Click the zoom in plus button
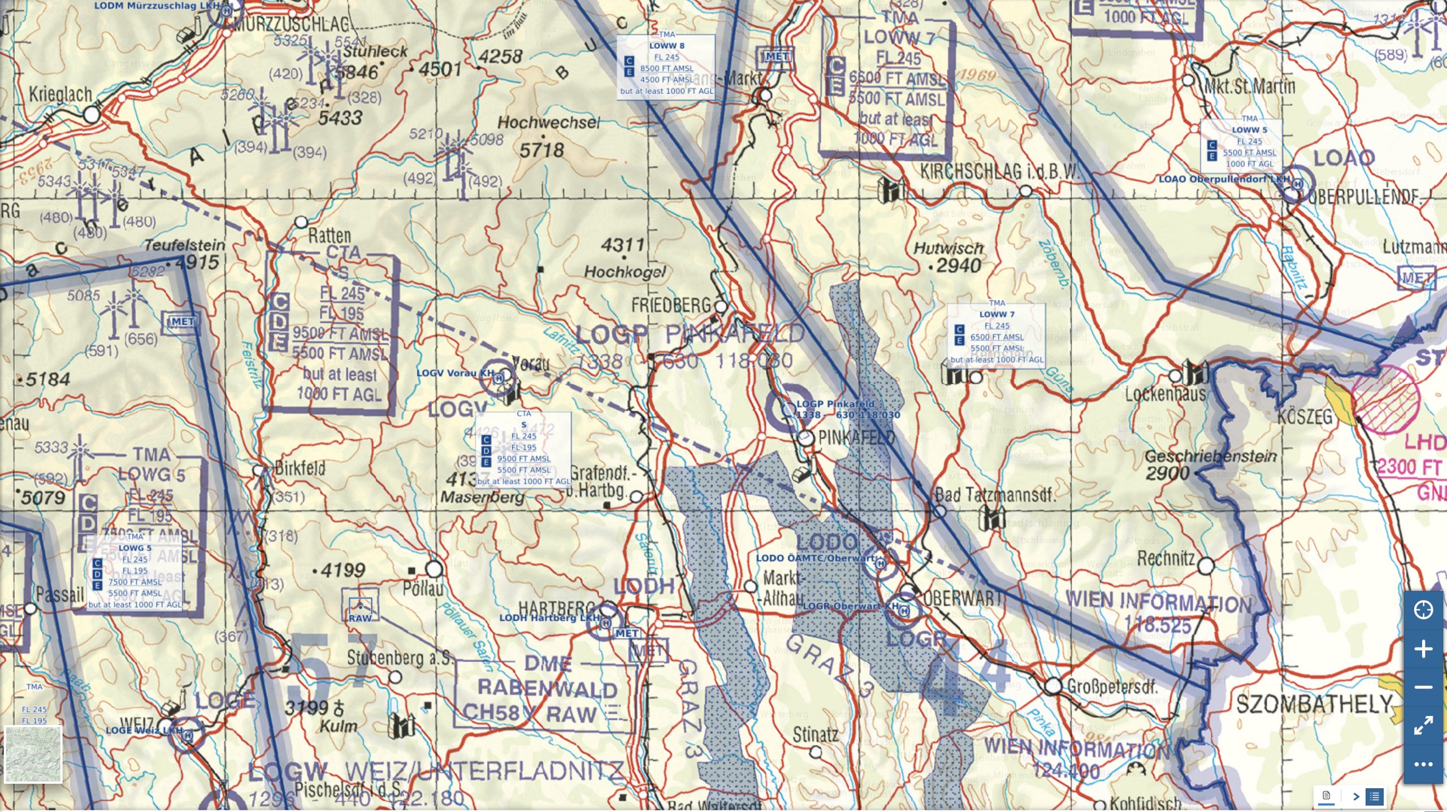[x=1423, y=649]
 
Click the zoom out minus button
[x=1423, y=687]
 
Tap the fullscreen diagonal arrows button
[x=1423, y=725]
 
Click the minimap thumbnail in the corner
[x=33, y=754]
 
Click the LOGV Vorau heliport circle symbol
[x=498, y=379]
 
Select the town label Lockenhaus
[x=1166, y=394]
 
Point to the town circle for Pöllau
[x=434, y=568]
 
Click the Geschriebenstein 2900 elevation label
[x=1210, y=464]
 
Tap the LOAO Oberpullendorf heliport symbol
[x=1297, y=184]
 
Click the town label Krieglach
[x=60, y=94]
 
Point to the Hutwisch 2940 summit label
[x=950, y=257]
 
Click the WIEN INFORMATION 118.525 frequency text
[x=1159, y=612]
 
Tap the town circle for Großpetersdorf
[x=1052, y=686]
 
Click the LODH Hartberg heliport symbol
[x=605, y=623]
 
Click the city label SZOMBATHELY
[x=1314, y=704]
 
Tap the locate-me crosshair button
[x=1423, y=610]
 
